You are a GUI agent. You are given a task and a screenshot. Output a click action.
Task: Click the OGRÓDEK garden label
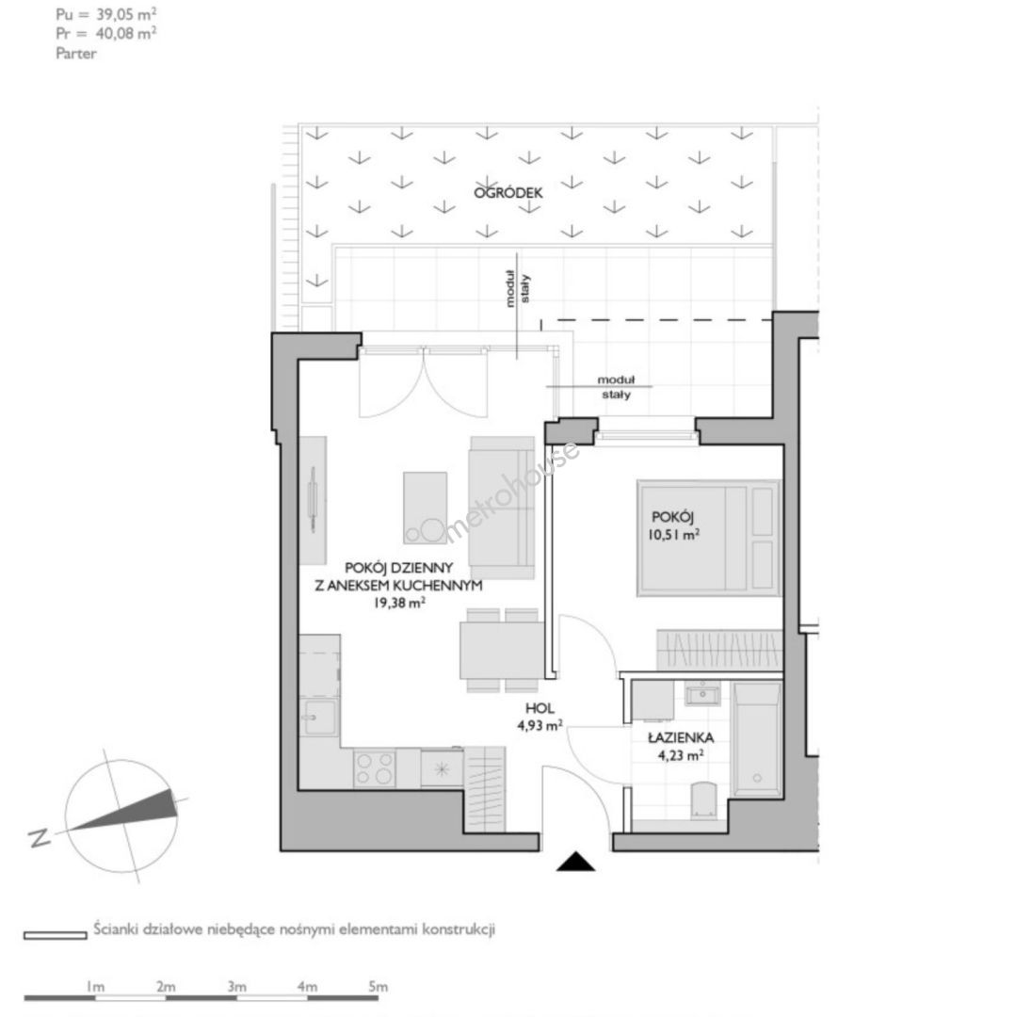(508, 192)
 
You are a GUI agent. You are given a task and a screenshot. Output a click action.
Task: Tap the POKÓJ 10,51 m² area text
(673, 525)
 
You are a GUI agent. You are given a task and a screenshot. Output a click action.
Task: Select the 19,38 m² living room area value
(398, 602)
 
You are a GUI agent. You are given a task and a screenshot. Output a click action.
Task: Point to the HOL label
(540, 708)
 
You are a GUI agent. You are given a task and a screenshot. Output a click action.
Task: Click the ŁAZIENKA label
(681, 737)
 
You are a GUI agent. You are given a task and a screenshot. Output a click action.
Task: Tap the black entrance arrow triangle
(576, 862)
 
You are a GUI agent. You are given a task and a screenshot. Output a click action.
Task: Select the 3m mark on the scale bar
(236, 986)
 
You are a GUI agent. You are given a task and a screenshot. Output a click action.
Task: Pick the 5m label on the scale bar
(379, 986)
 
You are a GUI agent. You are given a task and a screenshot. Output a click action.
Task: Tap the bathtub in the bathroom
(756, 739)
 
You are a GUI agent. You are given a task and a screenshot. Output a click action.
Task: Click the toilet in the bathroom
(703, 800)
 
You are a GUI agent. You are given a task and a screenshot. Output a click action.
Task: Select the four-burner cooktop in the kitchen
(375, 768)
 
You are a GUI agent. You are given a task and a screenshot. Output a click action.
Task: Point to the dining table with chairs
(503, 650)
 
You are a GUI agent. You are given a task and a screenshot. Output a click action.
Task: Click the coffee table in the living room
(425, 508)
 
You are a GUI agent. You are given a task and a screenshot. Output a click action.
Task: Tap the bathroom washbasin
(702, 694)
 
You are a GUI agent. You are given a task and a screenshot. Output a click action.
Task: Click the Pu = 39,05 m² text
(105, 14)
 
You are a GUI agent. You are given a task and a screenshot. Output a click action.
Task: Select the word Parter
(76, 54)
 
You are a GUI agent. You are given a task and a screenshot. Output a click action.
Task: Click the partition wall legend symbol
(56, 935)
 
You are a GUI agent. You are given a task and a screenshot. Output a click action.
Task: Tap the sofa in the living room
(502, 508)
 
